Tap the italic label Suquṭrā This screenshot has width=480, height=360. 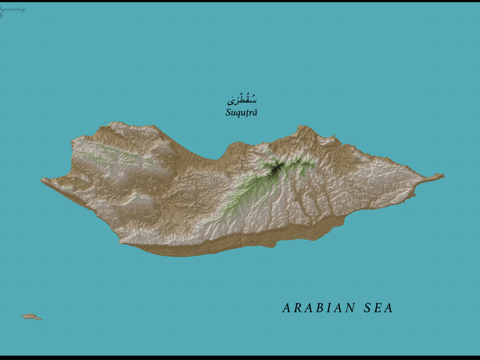tap(241, 112)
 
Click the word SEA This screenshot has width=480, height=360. tap(378, 308)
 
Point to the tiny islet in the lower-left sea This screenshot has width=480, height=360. tap(31, 317)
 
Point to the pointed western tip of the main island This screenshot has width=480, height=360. tap(43, 180)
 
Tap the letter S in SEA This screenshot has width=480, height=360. tap(368, 308)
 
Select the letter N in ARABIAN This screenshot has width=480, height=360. tap(350, 308)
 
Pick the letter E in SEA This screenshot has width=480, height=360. tap(378, 308)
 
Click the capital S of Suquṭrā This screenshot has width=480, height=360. tap(228, 112)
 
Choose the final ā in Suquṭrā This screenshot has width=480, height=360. tap(254, 113)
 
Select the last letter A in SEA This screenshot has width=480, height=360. tap(389, 308)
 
